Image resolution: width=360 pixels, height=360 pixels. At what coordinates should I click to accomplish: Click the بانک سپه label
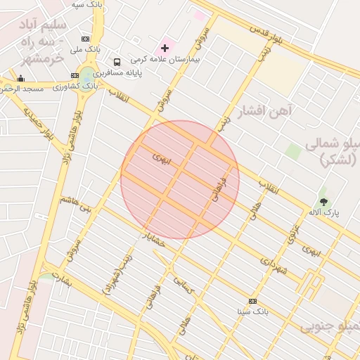(87, 4)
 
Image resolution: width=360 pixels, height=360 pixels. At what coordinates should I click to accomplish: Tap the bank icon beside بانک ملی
(86, 39)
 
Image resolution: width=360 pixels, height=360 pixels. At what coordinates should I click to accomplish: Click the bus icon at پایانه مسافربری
(117, 62)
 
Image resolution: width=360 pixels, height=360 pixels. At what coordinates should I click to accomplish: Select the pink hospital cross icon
(165, 48)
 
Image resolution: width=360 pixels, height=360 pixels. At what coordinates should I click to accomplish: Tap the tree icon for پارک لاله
(323, 192)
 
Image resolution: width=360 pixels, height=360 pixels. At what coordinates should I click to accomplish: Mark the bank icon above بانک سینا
(252, 300)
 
